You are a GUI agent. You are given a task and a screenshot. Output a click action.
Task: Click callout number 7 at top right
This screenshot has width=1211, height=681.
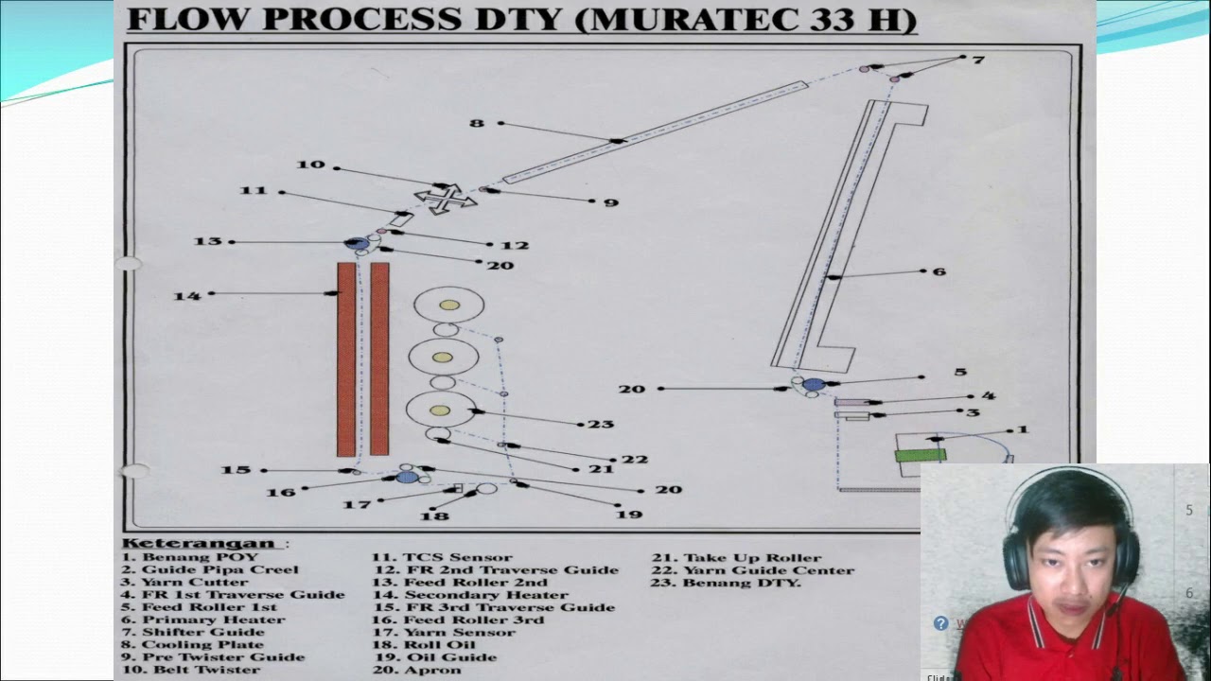(978, 60)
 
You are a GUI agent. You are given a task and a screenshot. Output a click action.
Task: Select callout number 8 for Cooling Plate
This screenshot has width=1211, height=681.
(477, 123)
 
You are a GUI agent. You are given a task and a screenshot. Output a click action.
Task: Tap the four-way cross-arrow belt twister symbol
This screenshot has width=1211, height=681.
(444, 200)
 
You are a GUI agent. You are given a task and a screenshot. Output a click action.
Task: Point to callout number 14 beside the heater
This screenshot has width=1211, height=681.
(186, 296)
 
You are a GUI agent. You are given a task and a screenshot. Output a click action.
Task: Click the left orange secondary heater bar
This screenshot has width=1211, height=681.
(346, 358)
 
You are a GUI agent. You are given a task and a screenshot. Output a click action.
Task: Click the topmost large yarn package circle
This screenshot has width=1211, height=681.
(448, 305)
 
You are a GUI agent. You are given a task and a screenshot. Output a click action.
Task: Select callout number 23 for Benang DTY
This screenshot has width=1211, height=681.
(601, 424)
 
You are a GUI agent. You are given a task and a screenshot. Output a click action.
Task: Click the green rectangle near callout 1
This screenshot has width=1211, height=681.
(921, 455)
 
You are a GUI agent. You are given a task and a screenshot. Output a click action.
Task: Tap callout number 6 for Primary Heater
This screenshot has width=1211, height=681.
(939, 271)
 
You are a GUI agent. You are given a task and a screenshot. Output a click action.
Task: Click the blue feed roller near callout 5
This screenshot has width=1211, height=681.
(814, 384)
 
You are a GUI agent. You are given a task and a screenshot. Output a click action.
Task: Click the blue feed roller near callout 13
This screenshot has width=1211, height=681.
(358, 243)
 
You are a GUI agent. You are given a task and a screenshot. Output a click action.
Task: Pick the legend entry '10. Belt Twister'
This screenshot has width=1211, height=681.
(190, 670)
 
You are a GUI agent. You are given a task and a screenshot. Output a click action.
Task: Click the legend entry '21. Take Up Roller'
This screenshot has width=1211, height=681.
(737, 558)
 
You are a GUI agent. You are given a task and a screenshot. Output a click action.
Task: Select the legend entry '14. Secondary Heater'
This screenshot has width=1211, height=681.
(473, 595)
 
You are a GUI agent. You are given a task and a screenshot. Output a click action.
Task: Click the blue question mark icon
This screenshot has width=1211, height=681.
(940, 623)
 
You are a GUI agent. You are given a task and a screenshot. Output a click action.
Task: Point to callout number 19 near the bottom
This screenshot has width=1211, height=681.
(628, 514)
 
